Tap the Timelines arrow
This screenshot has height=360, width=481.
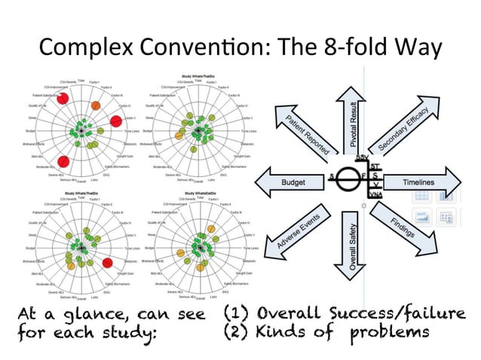point(427,183)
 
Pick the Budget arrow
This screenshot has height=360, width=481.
point(291,183)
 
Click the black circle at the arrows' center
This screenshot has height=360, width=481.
point(348,181)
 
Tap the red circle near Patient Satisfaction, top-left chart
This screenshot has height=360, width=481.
point(63,98)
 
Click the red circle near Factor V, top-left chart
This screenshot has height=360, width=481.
point(117,121)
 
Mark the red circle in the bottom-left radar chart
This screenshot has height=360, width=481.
point(108,262)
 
